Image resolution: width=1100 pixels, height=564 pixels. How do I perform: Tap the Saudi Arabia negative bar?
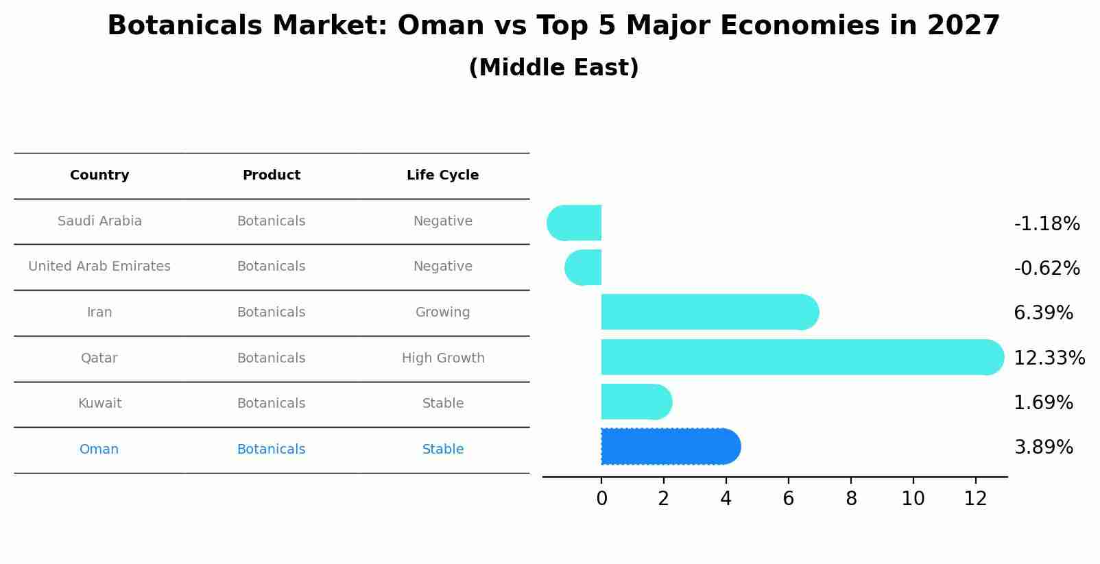point(575,223)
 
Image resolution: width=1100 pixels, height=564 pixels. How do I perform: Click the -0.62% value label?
point(1047,269)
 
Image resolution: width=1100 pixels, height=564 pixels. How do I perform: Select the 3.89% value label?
point(1043,447)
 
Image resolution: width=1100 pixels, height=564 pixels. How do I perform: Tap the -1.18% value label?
point(1047,224)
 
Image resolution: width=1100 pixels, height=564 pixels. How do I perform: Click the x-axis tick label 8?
point(851,499)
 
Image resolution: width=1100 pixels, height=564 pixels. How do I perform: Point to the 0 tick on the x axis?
point(601,499)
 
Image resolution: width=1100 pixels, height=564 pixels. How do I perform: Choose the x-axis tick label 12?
point(975,499)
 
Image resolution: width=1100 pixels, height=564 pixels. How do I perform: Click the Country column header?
point(99,175)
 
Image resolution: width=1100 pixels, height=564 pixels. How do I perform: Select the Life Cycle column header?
point(442,175)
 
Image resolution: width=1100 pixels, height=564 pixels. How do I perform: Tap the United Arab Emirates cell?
point(99,267)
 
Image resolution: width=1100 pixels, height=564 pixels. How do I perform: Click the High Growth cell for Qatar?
point(443,358)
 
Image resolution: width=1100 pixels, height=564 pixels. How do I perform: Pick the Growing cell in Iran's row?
point(442,312)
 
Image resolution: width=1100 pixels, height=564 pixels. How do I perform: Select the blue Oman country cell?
point(99,450)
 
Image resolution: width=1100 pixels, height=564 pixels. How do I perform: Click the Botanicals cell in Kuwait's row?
point(271,404)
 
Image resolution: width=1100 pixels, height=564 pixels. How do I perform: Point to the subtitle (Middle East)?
point(553,68)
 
